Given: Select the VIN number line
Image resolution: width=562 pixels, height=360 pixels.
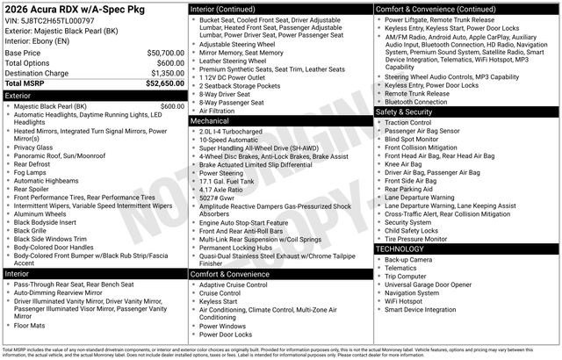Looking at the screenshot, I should (x=50, y=20).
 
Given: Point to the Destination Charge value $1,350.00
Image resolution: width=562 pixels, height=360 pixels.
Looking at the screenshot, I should (x=162, y=74).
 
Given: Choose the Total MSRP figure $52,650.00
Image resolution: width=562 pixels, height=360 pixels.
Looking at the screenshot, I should (x=159, y=84).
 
